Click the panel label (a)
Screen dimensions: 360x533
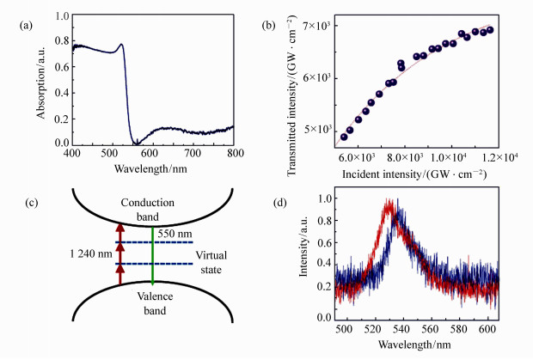(28, 25)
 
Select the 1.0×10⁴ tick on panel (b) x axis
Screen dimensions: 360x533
(450, 157)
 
